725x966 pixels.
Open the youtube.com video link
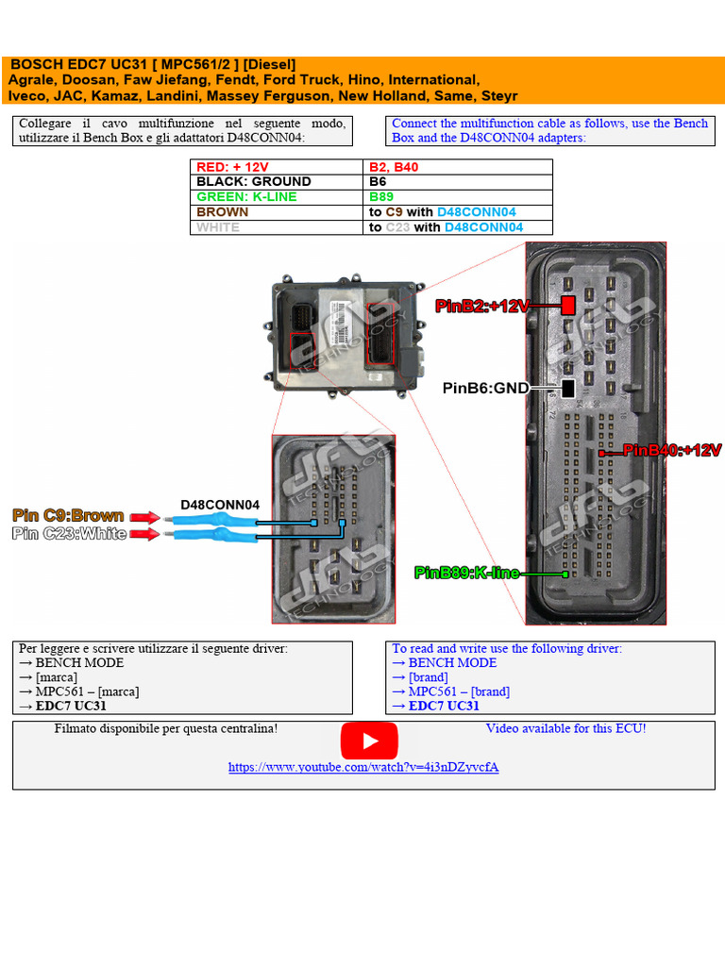[x=363, y=767]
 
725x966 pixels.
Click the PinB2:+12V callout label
[x=482, y=306]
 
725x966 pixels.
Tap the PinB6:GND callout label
[x=485, y=388]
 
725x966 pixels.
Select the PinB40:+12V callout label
[x=671, y=451]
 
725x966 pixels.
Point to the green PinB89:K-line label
[x=466, y=573]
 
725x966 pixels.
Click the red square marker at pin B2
[x=568, y=306]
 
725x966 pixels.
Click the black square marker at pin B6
[x=568, y=388]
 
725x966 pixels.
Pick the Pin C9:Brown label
[x=68, y=515]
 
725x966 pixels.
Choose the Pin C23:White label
[x=68, y=534]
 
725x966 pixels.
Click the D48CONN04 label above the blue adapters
[x=220, y=505]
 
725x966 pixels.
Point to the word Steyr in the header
[x=498, y=95]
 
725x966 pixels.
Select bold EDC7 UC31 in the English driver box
[x=444, y=706]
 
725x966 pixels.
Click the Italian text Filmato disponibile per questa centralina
[x=166, y=728]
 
